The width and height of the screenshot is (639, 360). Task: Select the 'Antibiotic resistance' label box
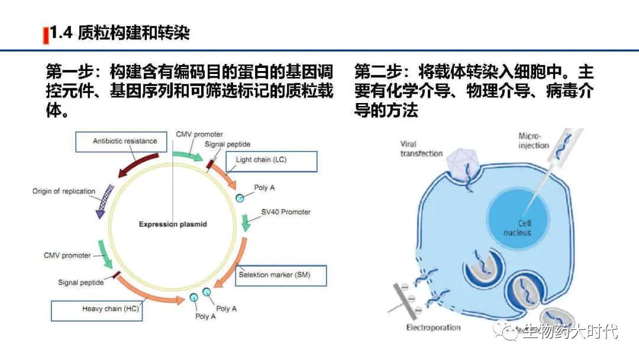125,142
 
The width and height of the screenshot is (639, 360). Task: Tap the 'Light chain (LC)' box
272,160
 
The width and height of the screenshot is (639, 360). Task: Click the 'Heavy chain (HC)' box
96,310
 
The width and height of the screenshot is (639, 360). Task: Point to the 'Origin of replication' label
64,191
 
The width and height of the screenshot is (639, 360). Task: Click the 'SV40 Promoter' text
286,212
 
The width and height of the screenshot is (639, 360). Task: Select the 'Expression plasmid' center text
173,224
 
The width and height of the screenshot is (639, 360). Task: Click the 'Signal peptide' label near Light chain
228,144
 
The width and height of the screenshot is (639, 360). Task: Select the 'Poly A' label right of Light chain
264,188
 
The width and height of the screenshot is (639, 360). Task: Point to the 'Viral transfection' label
421,149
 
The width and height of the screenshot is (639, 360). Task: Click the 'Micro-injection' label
534,141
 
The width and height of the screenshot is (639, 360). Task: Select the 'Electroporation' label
433,327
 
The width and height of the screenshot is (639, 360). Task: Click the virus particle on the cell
463,163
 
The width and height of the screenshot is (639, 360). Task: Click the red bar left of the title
45,35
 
